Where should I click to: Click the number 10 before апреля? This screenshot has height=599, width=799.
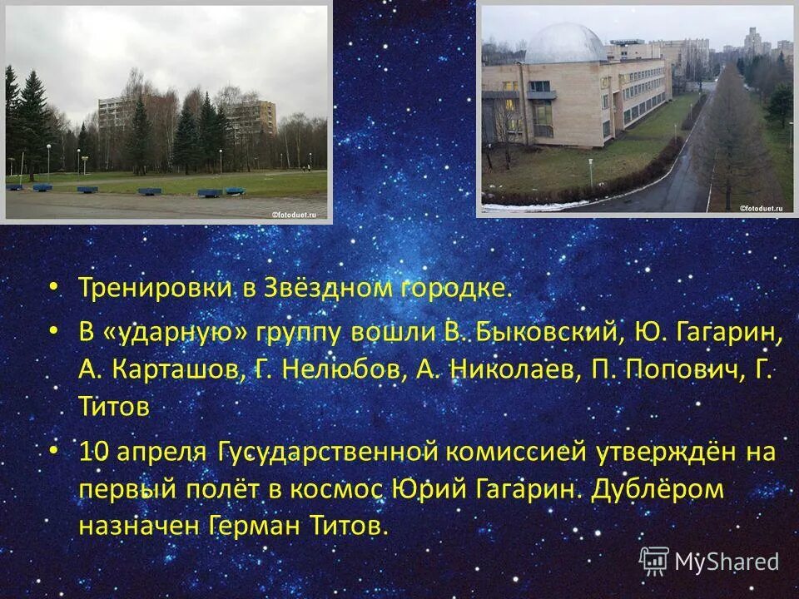[94, 452]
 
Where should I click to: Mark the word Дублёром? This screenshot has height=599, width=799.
[658, 488]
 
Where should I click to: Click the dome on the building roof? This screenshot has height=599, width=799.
[565, 44]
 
